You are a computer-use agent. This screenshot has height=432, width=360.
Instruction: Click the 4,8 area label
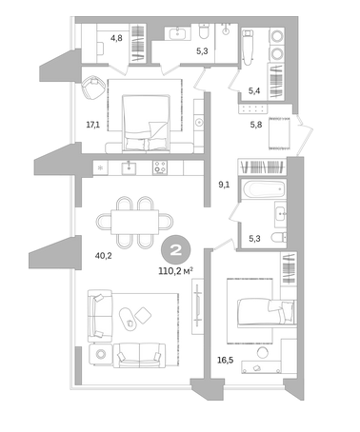click(x=116, y=38)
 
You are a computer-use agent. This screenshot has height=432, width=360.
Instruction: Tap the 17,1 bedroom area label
click(x=92, y=125)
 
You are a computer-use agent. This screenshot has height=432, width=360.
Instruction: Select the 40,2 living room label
click(x=103, y=255)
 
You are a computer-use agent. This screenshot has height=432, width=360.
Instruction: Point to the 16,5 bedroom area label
click(x=226, y=360)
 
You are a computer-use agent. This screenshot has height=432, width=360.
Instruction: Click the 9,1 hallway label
click(x=224, y=185)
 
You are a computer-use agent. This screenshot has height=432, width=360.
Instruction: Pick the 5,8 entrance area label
click(x=256, y=125)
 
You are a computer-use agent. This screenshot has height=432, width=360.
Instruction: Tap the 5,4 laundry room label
click(x=254, y=91)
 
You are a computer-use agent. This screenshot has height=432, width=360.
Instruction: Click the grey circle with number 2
click(x=176, y=251)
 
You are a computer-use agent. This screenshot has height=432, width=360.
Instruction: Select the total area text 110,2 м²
click(x=176, y=271)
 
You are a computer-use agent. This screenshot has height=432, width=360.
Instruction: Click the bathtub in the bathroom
click(x=264, y=189)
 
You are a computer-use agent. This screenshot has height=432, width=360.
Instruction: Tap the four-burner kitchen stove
click(x=160, y=167)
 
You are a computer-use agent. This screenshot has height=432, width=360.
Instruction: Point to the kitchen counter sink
click(x=129, y=167)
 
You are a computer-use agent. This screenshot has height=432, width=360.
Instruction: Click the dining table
click(x=134, y=222)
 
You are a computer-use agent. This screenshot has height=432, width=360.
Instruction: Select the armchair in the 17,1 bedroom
click(x=93, y=88)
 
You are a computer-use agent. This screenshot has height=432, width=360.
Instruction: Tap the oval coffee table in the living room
click(x=128, y=319)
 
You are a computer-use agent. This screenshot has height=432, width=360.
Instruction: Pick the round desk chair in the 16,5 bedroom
click(x=263, y=353)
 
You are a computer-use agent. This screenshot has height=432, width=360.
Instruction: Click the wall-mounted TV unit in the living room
click(x=198, y=305)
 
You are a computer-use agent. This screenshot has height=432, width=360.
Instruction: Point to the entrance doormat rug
click(x=279, y=133)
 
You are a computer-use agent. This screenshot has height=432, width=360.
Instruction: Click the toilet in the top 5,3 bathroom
click(x=203, y=31)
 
